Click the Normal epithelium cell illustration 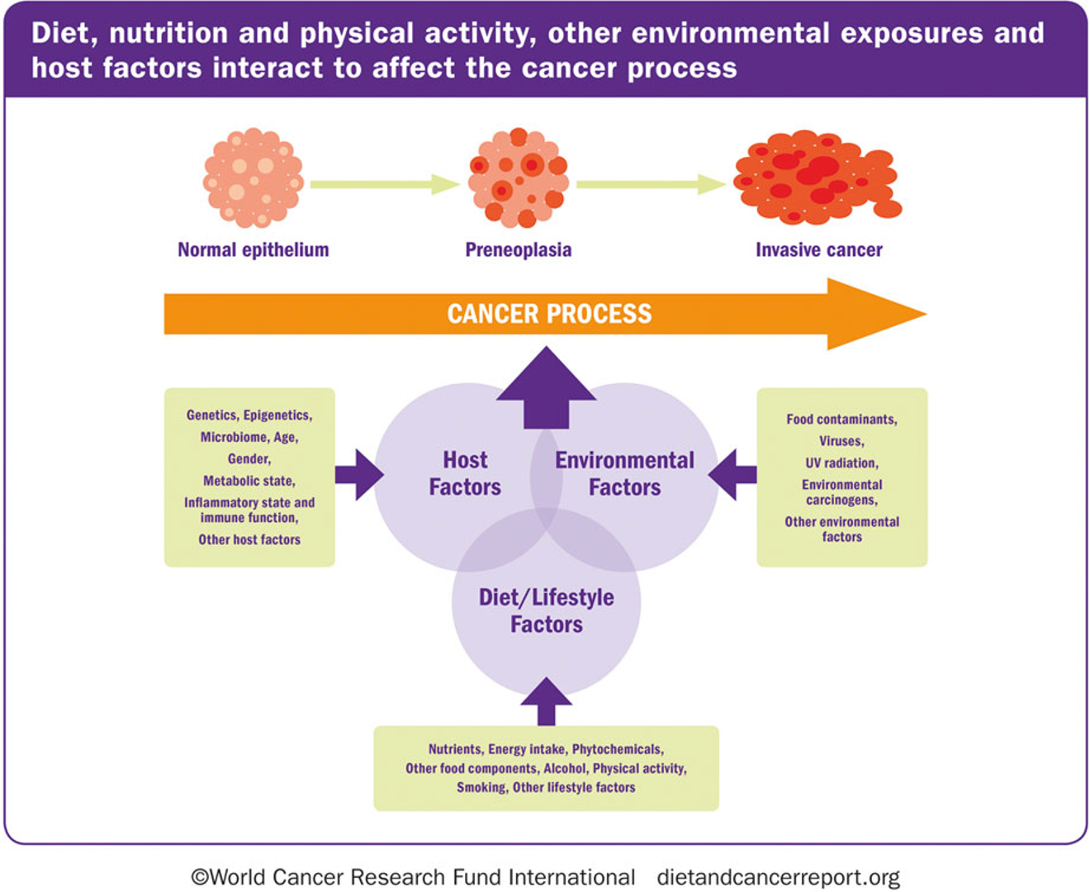click(x=254, y=178)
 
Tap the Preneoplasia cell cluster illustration click(x=518, y=178)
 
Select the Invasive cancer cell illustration click(x=817, y=178)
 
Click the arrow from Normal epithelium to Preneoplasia click(x=385, y=185)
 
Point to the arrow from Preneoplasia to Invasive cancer click(x=652, y=185)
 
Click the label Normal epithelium click(x=254, y=249)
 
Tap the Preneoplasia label click(x=519, y=249)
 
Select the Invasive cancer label click(x=819, y=249)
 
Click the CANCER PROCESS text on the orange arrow click(x=549, y=314)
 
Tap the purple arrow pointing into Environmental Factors click(x=732, y=475)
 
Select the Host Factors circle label click(x=465, y=473)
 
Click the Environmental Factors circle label click(x=625, y=473)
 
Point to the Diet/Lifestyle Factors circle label click(x=547, y=610)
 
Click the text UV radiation click(x=842, y=463)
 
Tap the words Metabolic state click(x=249, y=481)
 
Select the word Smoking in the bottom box click(x=482, y=787)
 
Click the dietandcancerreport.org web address click(x=779, y=877)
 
